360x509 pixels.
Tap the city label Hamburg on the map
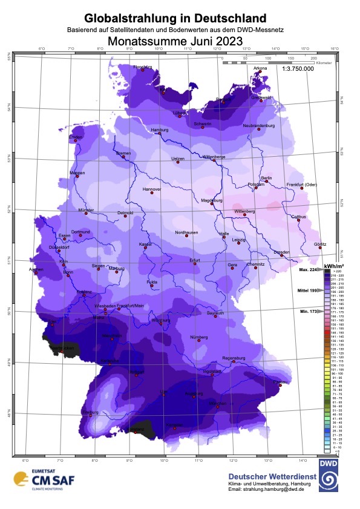[x=159, y=130]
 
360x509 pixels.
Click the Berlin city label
[x=267, y=177]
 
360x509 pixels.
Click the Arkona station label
[x=260, y=68]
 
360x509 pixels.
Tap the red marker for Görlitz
[x=320, y=248]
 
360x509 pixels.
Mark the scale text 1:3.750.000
[x=298, y=69]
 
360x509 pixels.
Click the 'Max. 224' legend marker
[x=308, y=269]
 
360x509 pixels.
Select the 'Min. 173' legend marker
[x=308, y=311]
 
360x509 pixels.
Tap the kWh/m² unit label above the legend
[x=333, y=266]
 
